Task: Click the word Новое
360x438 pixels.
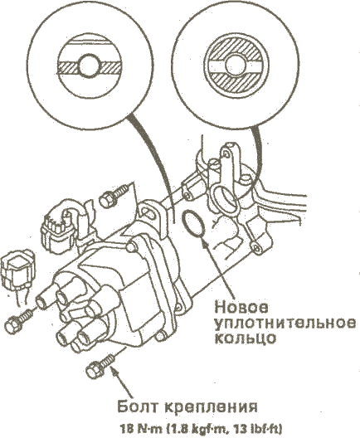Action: [x=241, y=308]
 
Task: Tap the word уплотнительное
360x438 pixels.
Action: [x=285, y=324]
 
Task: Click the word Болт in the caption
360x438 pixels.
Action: [x=138, y=406]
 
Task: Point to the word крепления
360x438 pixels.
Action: [x=211, y=407]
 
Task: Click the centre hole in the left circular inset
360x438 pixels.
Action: [x=90, y=66]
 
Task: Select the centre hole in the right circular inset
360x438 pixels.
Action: [x=235, y=65]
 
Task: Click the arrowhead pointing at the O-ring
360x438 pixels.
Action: [x=206, y=244]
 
